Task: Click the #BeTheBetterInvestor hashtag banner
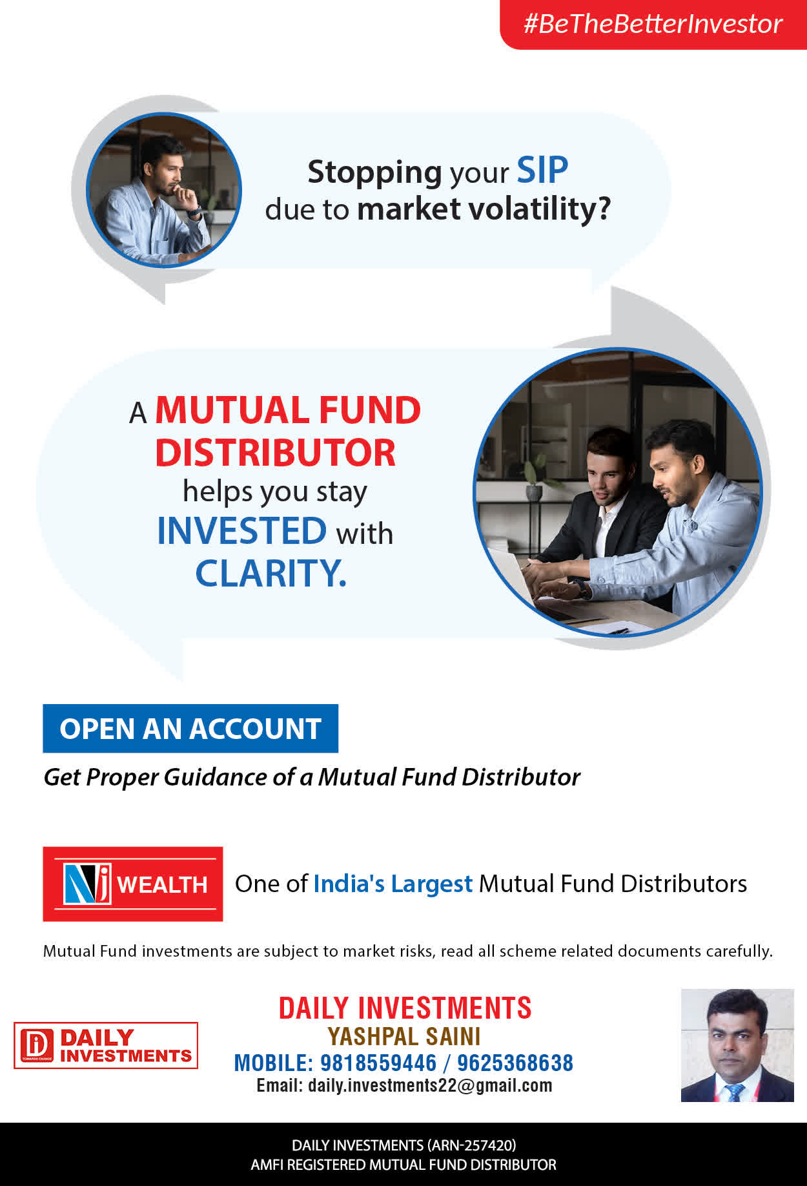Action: [x=653, y=24]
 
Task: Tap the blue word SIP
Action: [x=542, y=171]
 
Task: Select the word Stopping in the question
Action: [x=374, y=173]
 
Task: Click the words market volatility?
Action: [x=484, y=209]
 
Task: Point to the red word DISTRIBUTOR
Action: [x=275, y=453]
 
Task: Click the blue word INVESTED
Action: [x=242, y=531]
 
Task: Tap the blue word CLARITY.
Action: [x=271, y=573]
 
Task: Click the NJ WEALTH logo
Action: [x=133, y=884]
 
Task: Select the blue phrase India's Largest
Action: [x=393, y=884]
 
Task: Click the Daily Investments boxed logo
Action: [x=106, y=1045]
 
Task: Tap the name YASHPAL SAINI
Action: [x=404, y=1036]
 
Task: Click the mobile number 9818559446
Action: [x=378, y=1063]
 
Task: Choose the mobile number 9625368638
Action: [x=515, y=1063]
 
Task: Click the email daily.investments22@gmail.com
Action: [x=430, y=1085]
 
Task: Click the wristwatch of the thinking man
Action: [x=194, y=211]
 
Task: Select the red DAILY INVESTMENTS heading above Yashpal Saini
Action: [x=405, y=1008]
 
